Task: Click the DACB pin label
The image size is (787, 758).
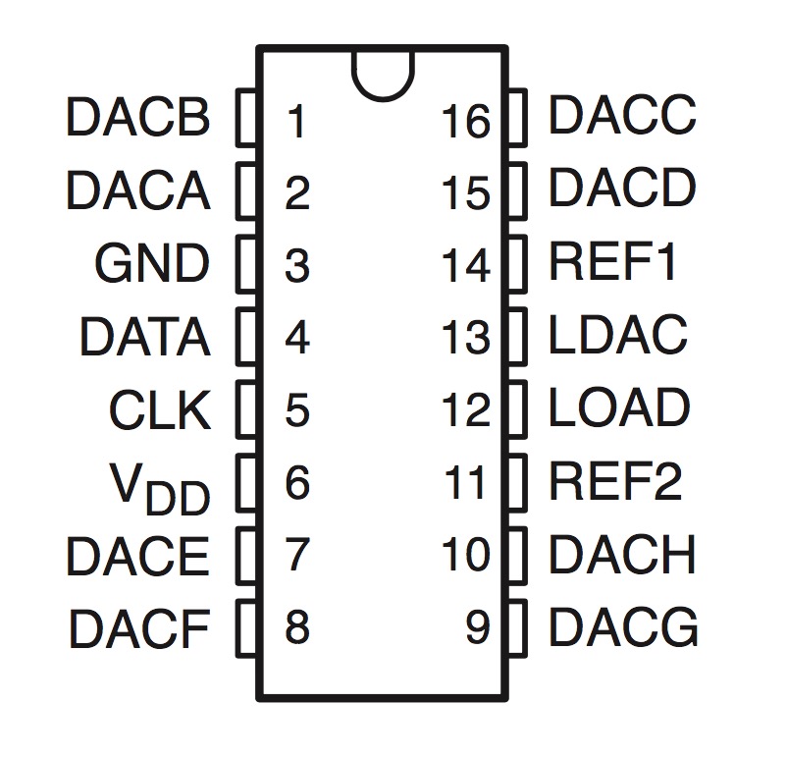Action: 138,118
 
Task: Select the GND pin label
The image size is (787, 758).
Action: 152,263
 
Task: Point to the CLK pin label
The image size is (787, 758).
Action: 160,410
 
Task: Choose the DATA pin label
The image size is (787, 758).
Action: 144,338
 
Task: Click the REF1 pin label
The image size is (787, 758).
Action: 613,262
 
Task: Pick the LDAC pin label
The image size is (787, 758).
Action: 618,336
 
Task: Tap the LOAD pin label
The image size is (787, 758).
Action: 619,408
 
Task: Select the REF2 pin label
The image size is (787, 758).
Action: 615,481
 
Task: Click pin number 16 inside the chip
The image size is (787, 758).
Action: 465,122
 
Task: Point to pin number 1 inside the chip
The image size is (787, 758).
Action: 295,122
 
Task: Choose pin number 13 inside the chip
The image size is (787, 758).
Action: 465,339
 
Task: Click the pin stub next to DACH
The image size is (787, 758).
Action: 517,555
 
